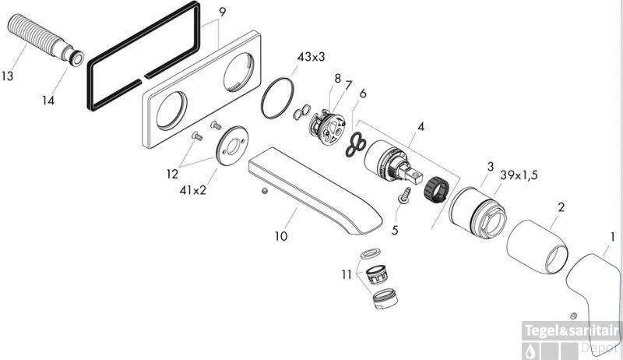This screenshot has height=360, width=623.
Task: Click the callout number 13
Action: [x=10, y=76]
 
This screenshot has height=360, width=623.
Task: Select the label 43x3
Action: [x=311, y=56]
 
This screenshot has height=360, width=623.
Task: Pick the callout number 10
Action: [x=280, y=235]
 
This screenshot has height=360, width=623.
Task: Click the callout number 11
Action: [x=346, y=274]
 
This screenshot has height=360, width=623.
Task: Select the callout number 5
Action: [x=395, y=230]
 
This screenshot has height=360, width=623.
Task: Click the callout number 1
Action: [x=612, y=236]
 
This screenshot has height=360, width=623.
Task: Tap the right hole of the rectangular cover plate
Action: [x=237, y=75]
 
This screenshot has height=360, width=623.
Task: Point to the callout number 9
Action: [x=223, y=12]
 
